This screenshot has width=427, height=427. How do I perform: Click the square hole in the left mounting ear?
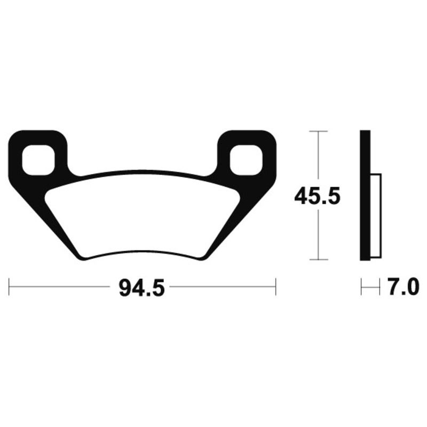(38, 160)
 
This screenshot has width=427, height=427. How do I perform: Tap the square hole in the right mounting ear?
(246, 160)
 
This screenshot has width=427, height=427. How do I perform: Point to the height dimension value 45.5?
(317, 197)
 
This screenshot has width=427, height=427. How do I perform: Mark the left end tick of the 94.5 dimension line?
(10, 286)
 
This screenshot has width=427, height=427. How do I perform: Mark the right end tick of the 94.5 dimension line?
(275, 286)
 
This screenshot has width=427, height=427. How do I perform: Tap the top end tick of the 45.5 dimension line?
(319, 131)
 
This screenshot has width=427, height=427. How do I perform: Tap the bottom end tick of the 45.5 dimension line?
(319, 260)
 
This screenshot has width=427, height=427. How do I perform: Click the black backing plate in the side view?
(365, 195)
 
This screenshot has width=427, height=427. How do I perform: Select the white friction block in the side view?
(376, 216)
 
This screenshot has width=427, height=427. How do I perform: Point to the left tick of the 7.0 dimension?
(361, 287)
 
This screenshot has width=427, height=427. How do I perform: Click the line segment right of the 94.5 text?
(222, 286)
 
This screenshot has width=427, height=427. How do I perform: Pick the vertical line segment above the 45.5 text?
(319, 157)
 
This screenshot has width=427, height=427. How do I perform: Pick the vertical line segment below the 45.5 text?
(319, 235)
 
